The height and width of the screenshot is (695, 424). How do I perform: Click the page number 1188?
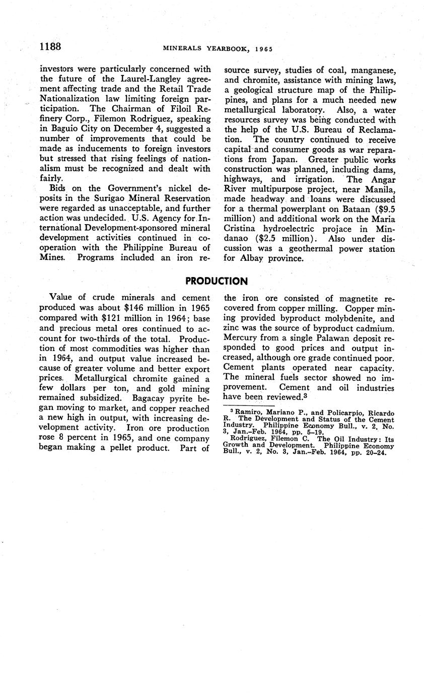(x=50, y=47)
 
